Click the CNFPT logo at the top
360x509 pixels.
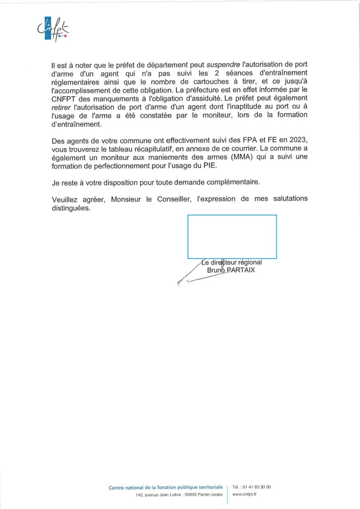point(53,30)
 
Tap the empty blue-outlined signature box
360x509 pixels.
point(232,236)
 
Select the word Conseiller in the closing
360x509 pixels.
point(175,199)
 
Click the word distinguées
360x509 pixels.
point(71,208)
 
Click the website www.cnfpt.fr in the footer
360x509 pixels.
point(244,494)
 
